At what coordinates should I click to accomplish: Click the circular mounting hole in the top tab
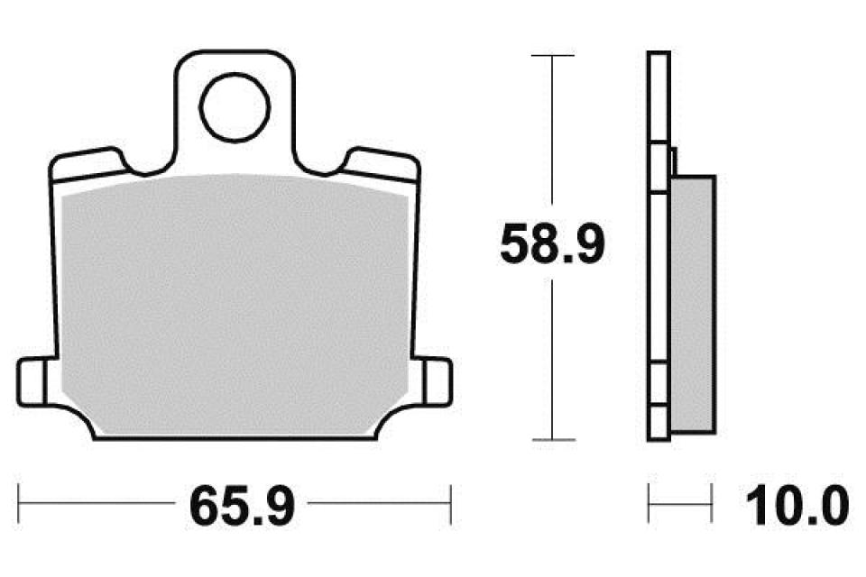[235, 107]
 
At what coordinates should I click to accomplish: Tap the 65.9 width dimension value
[242, 505]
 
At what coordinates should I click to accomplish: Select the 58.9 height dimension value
[552, 243]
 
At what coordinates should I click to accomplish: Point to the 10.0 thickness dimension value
[797, 505]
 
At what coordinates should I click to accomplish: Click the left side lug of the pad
[32, 382]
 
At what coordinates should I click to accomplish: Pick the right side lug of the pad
[438, 382]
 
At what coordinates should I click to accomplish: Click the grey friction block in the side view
[693, 304]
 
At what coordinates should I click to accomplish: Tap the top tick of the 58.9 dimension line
[552, 55]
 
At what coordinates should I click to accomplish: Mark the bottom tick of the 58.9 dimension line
[553, 440]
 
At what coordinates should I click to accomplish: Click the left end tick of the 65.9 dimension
[19, 504]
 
